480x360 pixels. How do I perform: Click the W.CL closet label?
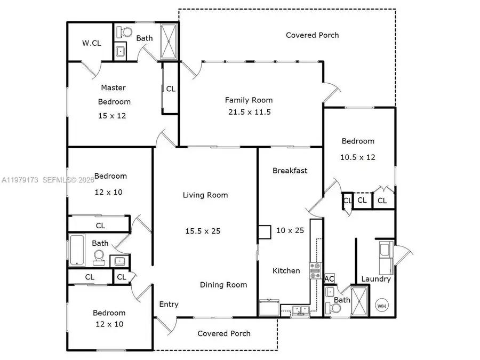click(x=91, y=43)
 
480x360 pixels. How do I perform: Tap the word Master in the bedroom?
click(x=114, y=87)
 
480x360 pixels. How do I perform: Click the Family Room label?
click(x=249, y=100)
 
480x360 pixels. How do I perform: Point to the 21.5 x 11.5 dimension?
click(x=249, y=112)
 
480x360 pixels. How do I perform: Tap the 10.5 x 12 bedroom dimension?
click(x=358, y=157)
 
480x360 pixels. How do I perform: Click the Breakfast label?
click(x=290, y=171)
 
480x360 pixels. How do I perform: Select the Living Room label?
click(x=205, y=195)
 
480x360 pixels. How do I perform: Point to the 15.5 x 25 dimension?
click(x=203, y=231)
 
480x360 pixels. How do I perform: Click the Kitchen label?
click(x=286, y=270)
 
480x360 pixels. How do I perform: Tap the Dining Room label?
click(x=223, y=285)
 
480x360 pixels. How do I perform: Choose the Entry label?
click(x=169, y=304)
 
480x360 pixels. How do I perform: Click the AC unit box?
click(x=330, y=279)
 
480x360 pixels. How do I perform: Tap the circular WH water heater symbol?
click(x=382, y=306)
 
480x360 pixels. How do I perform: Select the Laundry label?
click(x=376, y=279)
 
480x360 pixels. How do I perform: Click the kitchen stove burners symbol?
click(x=314, y=270)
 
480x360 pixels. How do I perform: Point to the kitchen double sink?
click(x=299, y=310)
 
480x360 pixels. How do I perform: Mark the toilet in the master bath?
click(x=125, y=31)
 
